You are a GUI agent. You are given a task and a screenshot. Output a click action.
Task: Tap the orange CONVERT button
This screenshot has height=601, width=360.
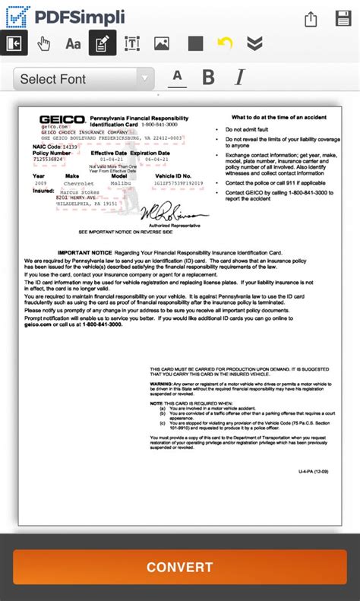click(x=179, y=567)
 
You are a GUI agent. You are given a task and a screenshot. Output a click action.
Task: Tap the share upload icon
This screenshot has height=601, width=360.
click(x=310, y=19)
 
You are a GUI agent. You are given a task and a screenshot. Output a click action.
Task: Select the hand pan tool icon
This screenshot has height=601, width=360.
click(x=44, y=43)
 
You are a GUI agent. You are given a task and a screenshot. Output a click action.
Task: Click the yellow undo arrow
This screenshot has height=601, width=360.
click(x=225, y=43)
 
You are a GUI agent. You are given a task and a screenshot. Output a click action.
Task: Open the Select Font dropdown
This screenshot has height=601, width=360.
click(x=84, y=79)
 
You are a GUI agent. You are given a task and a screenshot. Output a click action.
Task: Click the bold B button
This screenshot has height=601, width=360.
click(x=208, y=77)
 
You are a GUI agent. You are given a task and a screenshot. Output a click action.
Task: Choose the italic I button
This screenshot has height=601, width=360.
click(x=240, y=77)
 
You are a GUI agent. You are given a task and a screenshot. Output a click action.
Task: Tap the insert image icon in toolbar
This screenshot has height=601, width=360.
click(x=161, y=43)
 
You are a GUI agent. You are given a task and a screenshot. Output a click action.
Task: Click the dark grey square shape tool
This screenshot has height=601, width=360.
click(x=195, y=43)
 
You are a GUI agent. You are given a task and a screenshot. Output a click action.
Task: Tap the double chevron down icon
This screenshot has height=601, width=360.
click(x=255, y=43)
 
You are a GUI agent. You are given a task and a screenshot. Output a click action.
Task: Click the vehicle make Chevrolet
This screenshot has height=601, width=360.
click(x=78, y=183)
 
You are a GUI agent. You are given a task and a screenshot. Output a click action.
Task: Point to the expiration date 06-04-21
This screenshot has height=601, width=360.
click(x=156, y=160)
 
